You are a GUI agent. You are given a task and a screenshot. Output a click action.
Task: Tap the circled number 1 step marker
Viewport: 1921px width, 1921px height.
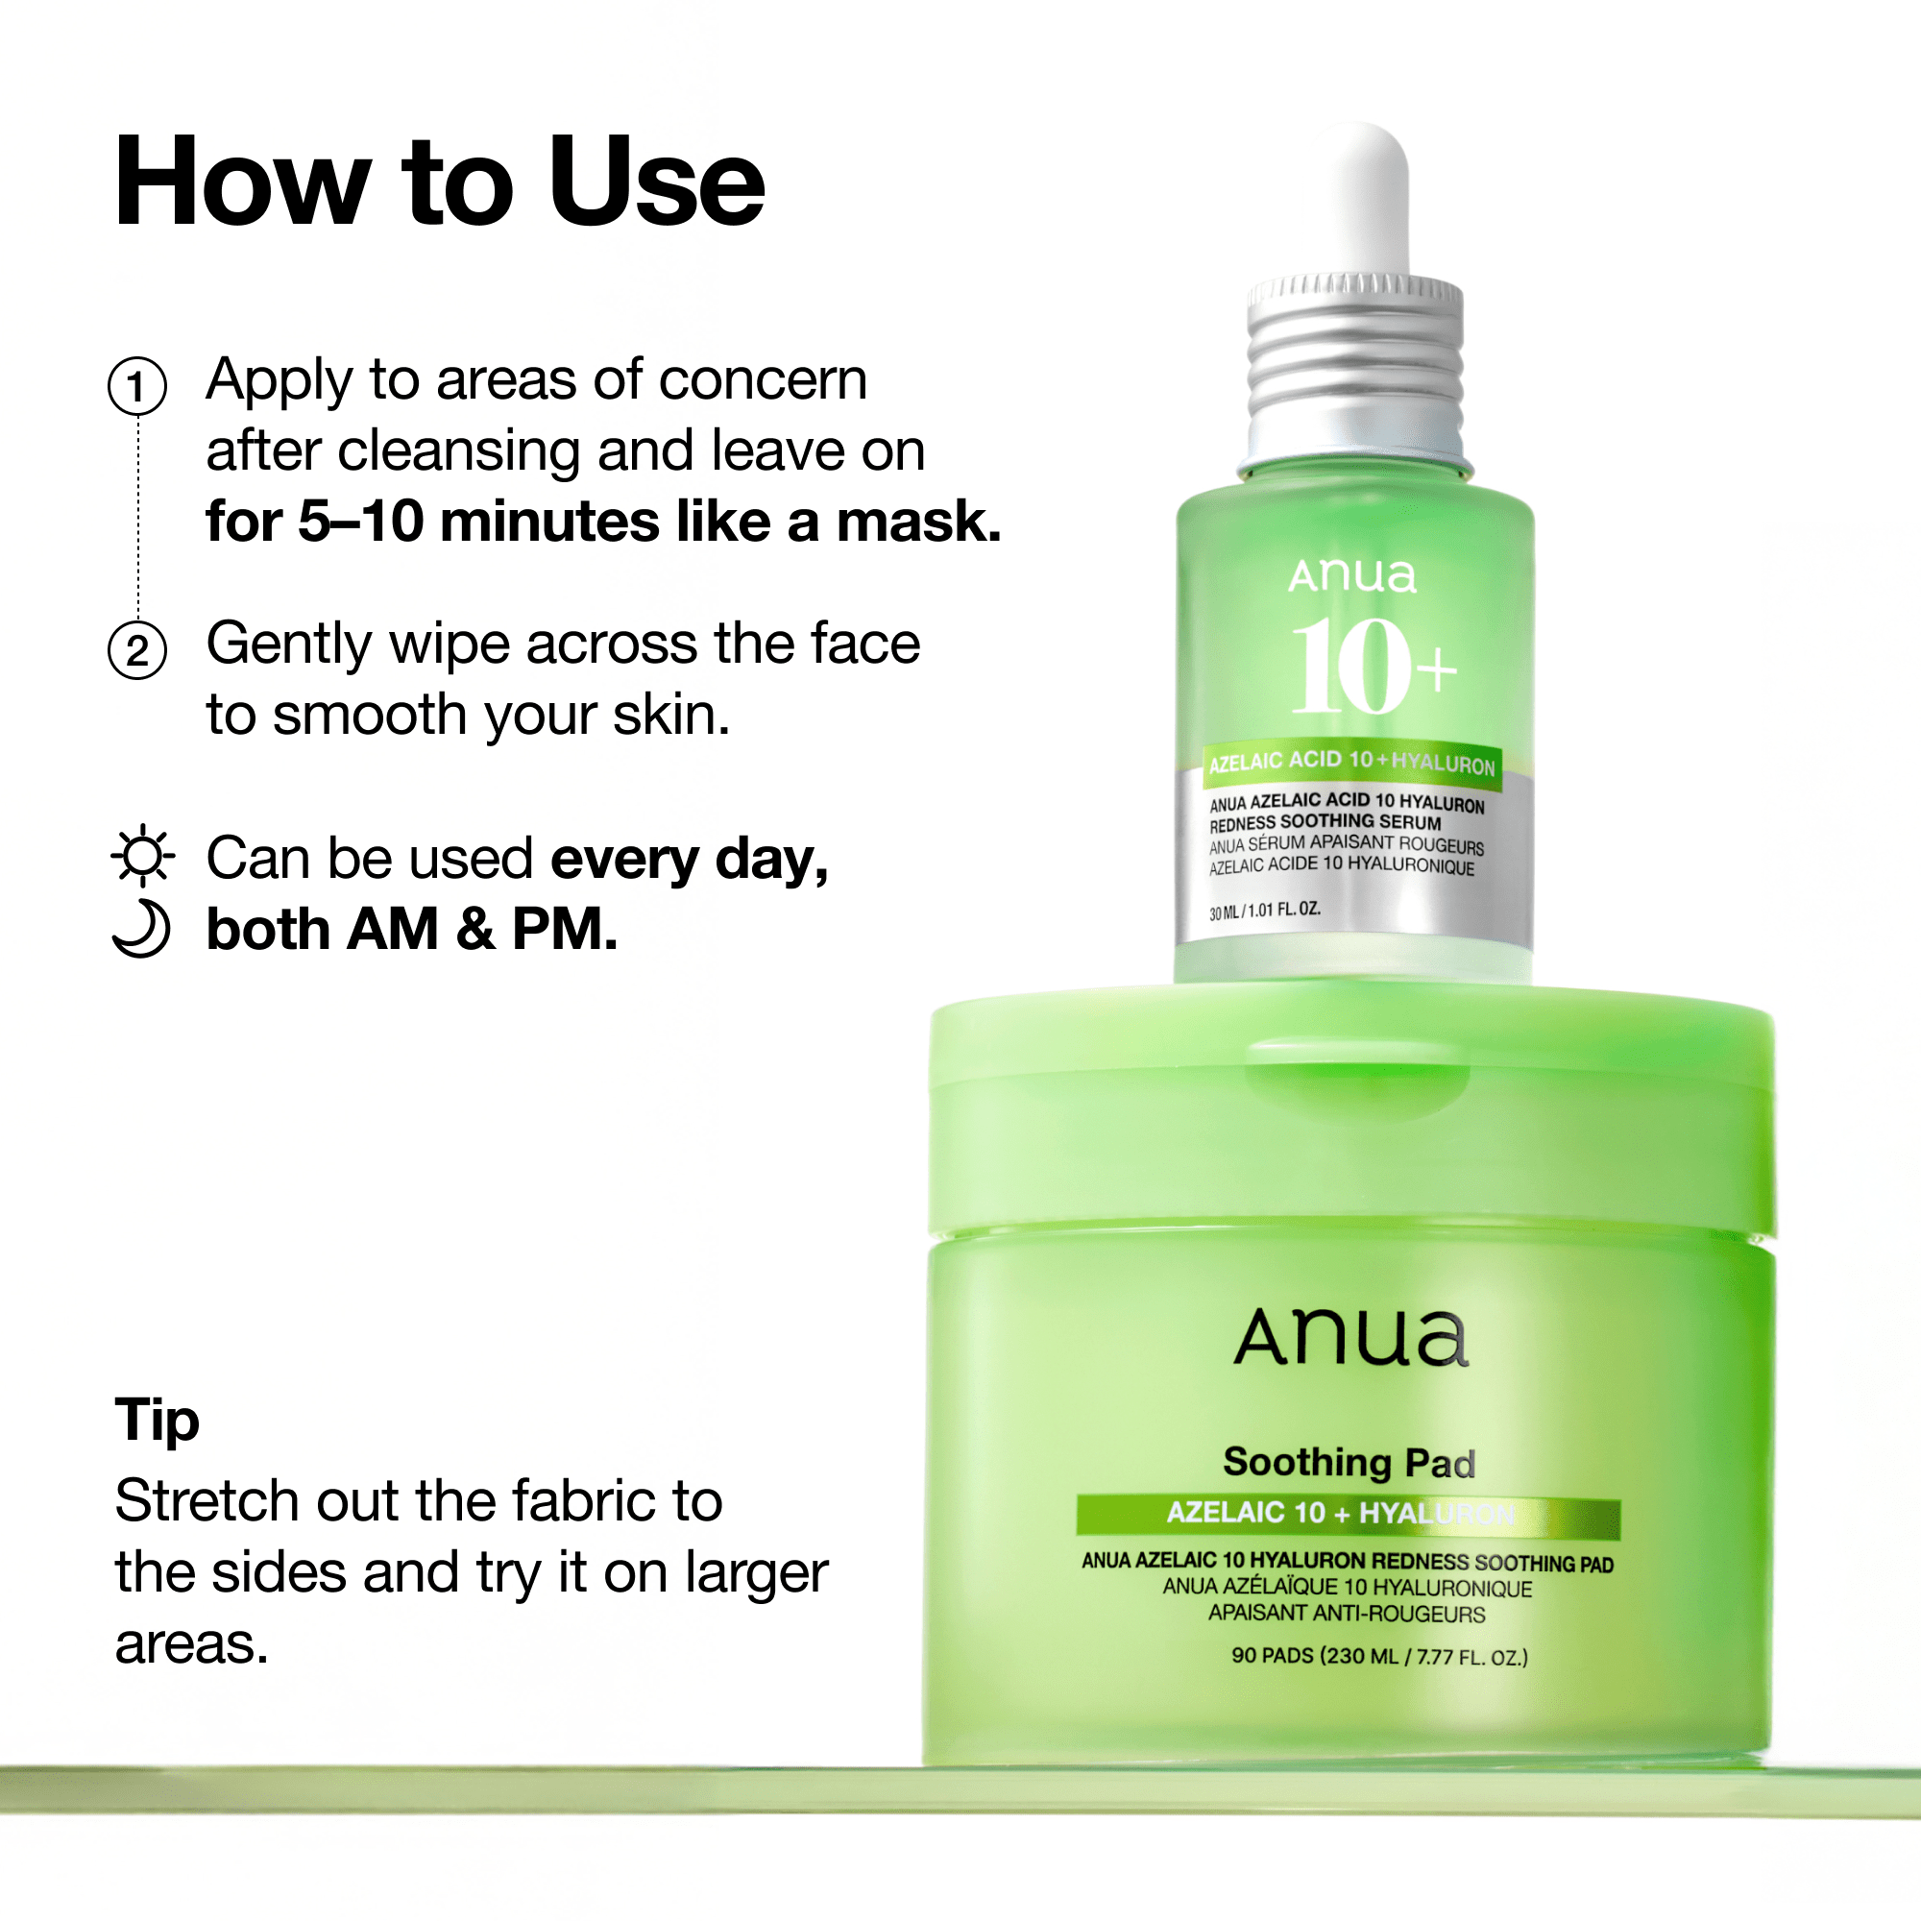pos(137,386)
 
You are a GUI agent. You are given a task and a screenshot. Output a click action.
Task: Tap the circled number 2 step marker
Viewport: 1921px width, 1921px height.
pos(137,650)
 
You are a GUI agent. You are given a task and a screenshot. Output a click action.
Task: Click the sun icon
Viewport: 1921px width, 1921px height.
pos(143,855)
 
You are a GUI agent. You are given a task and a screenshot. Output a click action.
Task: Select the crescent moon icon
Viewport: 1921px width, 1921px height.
pos(141,929)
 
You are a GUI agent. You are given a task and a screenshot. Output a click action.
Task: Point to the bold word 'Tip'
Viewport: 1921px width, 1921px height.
pos(158,1419)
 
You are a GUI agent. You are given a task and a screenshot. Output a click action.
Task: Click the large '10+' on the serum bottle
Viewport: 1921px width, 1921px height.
pos(1373,665)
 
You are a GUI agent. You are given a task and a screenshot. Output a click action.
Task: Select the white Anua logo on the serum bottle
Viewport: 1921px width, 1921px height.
pos(1352,575)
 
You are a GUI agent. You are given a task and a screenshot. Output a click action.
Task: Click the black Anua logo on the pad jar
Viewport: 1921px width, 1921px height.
pos(1351,1337)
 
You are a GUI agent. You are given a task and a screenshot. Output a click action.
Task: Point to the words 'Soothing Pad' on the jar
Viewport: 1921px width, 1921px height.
pos(1350,1463)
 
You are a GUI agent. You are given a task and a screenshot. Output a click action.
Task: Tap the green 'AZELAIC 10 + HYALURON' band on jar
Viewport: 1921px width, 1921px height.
pos(1349,1515)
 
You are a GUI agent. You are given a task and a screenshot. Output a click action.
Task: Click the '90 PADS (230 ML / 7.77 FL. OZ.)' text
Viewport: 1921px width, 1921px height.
pos(1379,1657)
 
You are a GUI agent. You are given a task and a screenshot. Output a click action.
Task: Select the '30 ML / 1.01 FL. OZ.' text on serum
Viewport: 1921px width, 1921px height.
pos(1265,911)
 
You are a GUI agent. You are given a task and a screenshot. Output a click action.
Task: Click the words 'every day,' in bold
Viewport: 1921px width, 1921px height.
pos(689,859)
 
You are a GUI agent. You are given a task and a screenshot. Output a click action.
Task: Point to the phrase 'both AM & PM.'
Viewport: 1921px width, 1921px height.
pos(412,930)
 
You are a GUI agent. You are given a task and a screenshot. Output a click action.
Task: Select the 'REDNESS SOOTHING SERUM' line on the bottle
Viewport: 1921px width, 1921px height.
pos(1325,822)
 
